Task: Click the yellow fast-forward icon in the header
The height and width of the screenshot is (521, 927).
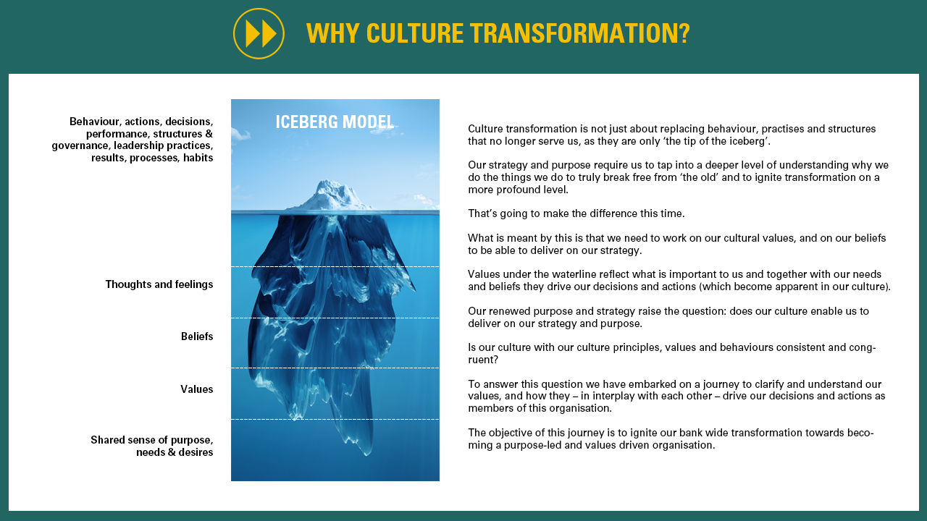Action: pos(259,33)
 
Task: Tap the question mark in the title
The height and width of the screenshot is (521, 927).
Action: pos(684,33)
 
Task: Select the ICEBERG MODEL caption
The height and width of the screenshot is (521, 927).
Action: pos(335,122)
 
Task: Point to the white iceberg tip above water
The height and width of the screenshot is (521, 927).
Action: pos(331,195)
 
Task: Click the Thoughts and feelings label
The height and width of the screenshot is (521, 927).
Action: pos(159,284)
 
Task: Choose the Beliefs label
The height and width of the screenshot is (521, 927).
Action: pos(197,336)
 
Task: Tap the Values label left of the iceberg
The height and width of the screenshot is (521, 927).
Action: pos(197,389)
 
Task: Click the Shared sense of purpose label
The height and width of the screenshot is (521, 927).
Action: pos(152,446)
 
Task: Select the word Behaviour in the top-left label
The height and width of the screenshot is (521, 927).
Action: pos(94,122)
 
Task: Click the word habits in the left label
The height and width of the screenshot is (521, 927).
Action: pos(198,158)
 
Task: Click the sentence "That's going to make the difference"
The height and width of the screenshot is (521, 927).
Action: pos(576,213)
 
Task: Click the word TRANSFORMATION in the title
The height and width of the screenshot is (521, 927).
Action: pos(574,33)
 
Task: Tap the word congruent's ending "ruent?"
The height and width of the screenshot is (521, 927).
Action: pos(483,360)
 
